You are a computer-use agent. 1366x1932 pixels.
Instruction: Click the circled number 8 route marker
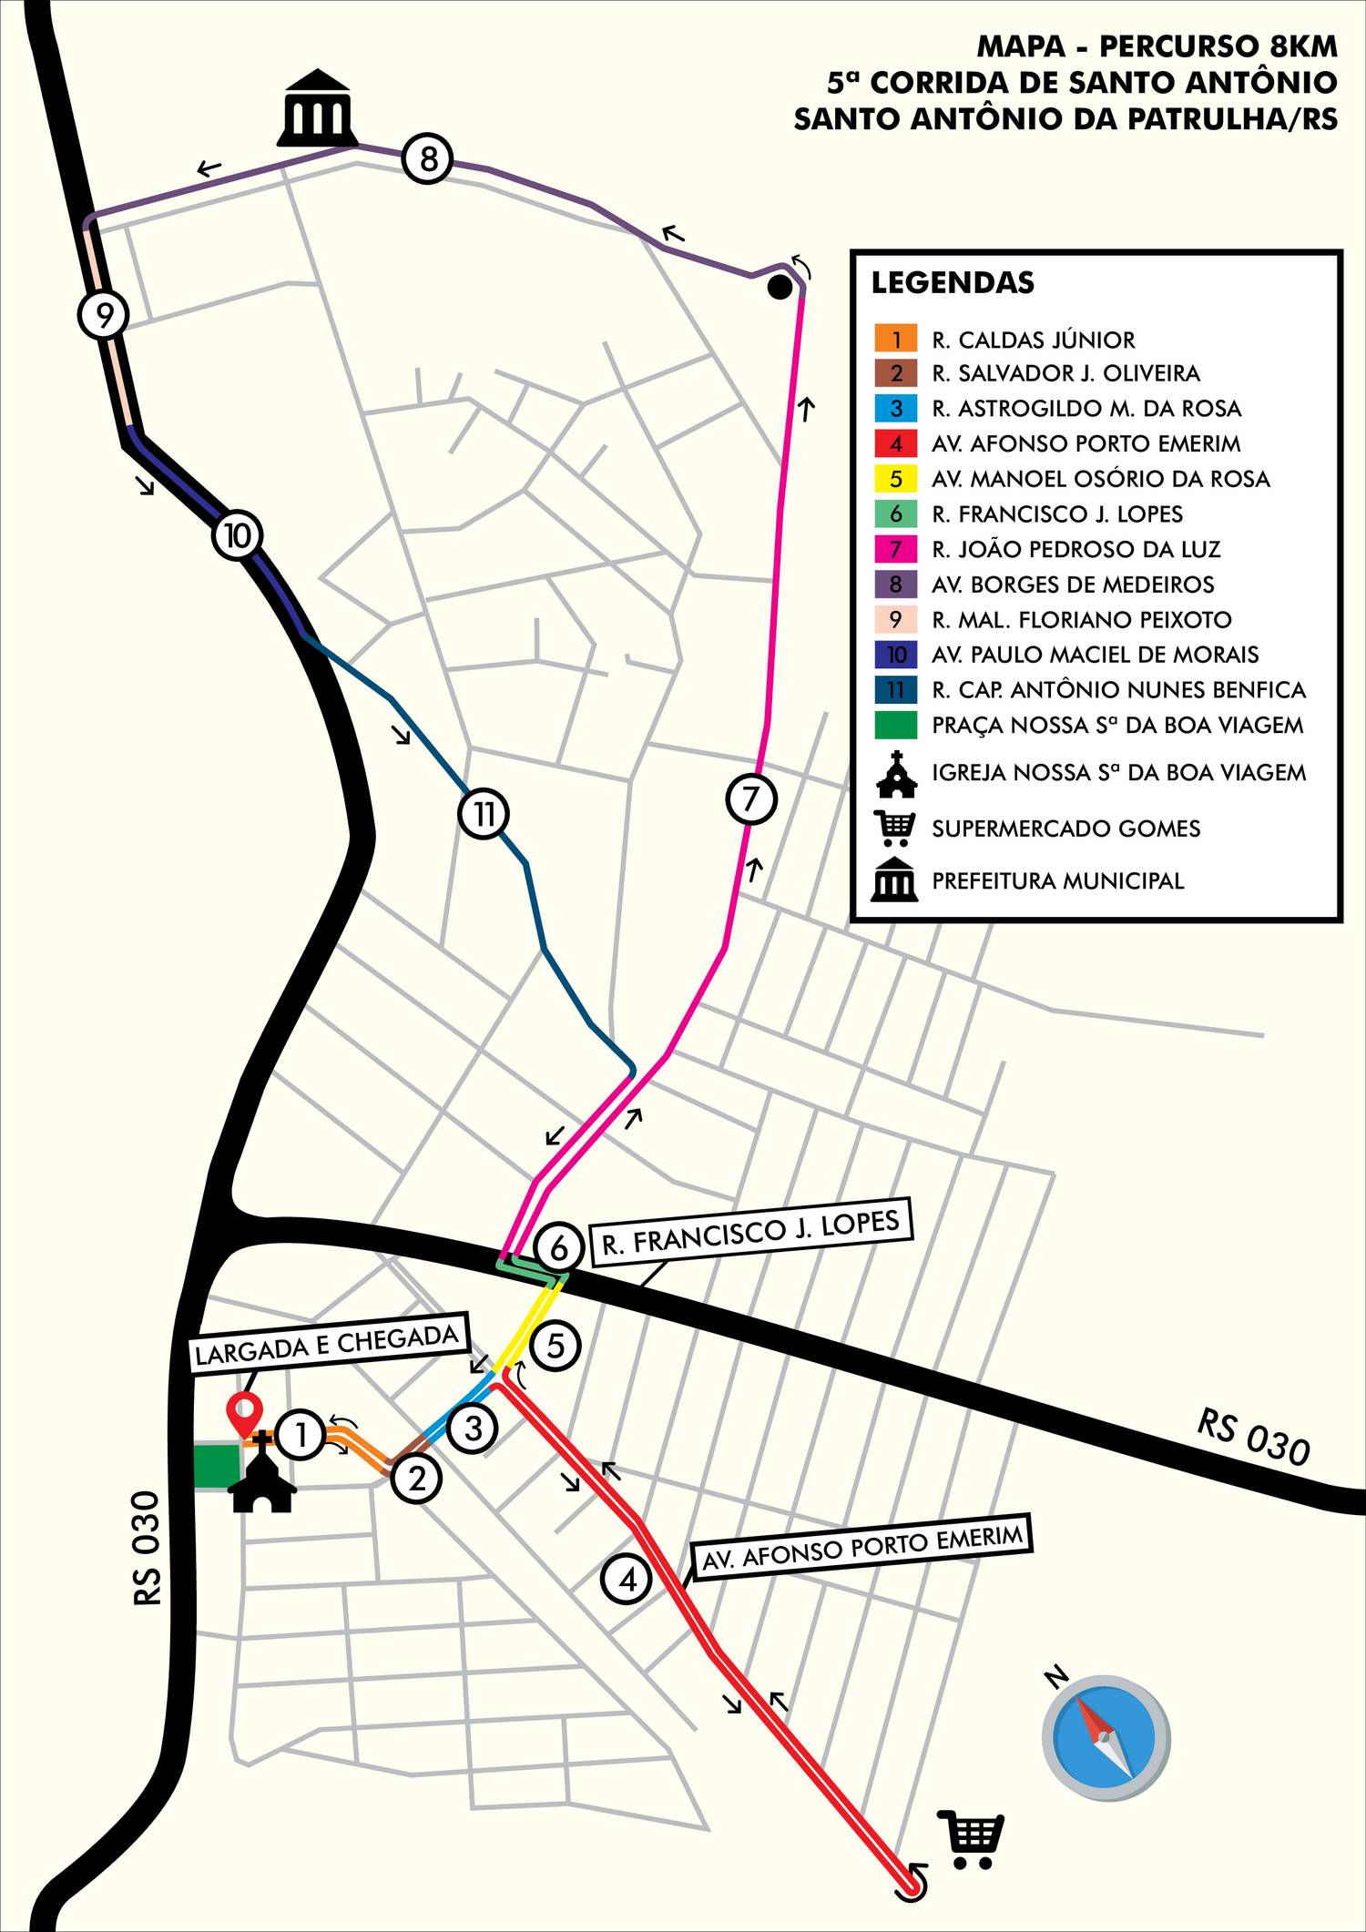click(428, 158)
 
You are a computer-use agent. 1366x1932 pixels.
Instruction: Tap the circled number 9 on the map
click(104, 315)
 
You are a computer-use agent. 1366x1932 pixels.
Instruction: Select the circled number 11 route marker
click(484, 812)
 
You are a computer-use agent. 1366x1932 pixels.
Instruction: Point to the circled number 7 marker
click(751, 798)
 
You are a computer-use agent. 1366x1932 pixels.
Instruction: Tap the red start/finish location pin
click(244, 1414)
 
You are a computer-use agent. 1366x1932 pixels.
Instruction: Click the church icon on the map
click(262, 1471)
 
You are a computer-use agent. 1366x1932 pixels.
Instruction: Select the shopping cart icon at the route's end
click(972, 1838)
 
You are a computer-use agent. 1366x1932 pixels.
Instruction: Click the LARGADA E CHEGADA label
click(327, 1345)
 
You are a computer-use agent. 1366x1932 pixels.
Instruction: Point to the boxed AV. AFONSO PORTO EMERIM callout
click(861, 1545)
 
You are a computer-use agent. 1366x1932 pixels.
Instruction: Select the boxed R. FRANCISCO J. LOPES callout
click(751, 1231)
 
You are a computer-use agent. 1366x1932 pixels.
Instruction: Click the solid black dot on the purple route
click(780, 288)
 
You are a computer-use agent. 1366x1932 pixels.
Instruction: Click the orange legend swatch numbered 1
click(896, 340)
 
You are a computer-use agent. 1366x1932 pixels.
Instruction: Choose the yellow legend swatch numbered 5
click(896, 479)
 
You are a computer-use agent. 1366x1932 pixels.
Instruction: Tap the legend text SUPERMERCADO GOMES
click(1065, 829)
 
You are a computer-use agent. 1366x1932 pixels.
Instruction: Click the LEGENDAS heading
click(953, 282)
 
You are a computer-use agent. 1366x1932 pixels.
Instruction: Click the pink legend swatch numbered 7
click(896, 549)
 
